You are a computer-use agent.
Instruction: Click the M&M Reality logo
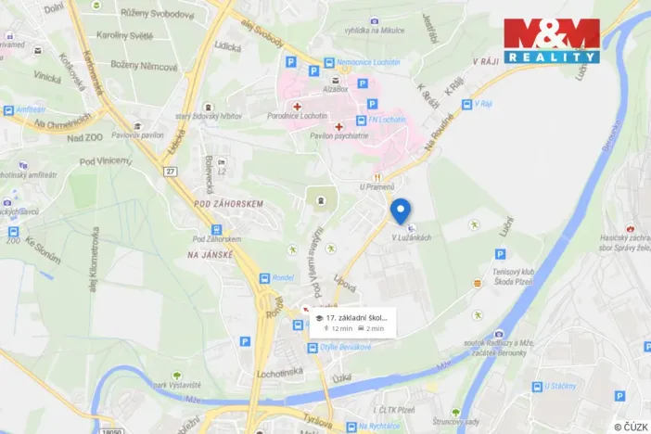[x=552, y=40]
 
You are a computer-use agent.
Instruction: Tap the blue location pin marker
[x=401, y=211]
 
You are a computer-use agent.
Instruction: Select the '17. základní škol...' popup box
[x=353, y=322]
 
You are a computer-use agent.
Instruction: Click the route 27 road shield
[x=170, y=172]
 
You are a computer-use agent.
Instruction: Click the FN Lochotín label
[x=389, y=120]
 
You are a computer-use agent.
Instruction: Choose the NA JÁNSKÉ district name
[x=207, y=254]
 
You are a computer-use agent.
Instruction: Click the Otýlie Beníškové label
[x=345, y=349]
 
